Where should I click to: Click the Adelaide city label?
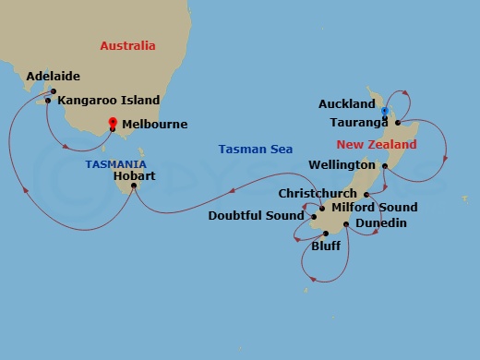tap(54, 76)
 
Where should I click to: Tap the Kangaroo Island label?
tap(108, 100)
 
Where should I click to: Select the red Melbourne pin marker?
tap(113, 122)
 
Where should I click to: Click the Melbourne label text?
tap(153, 124)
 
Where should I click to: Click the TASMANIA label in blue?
tap(116, 163)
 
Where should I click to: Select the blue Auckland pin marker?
tap(385, 112)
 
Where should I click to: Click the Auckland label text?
tap(346, 104)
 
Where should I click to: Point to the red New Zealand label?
tap(376, 145)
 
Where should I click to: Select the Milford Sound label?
tap(373, 208)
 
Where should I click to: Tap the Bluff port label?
tap(326, 246)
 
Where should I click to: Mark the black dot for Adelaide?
tap(54, 91)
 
